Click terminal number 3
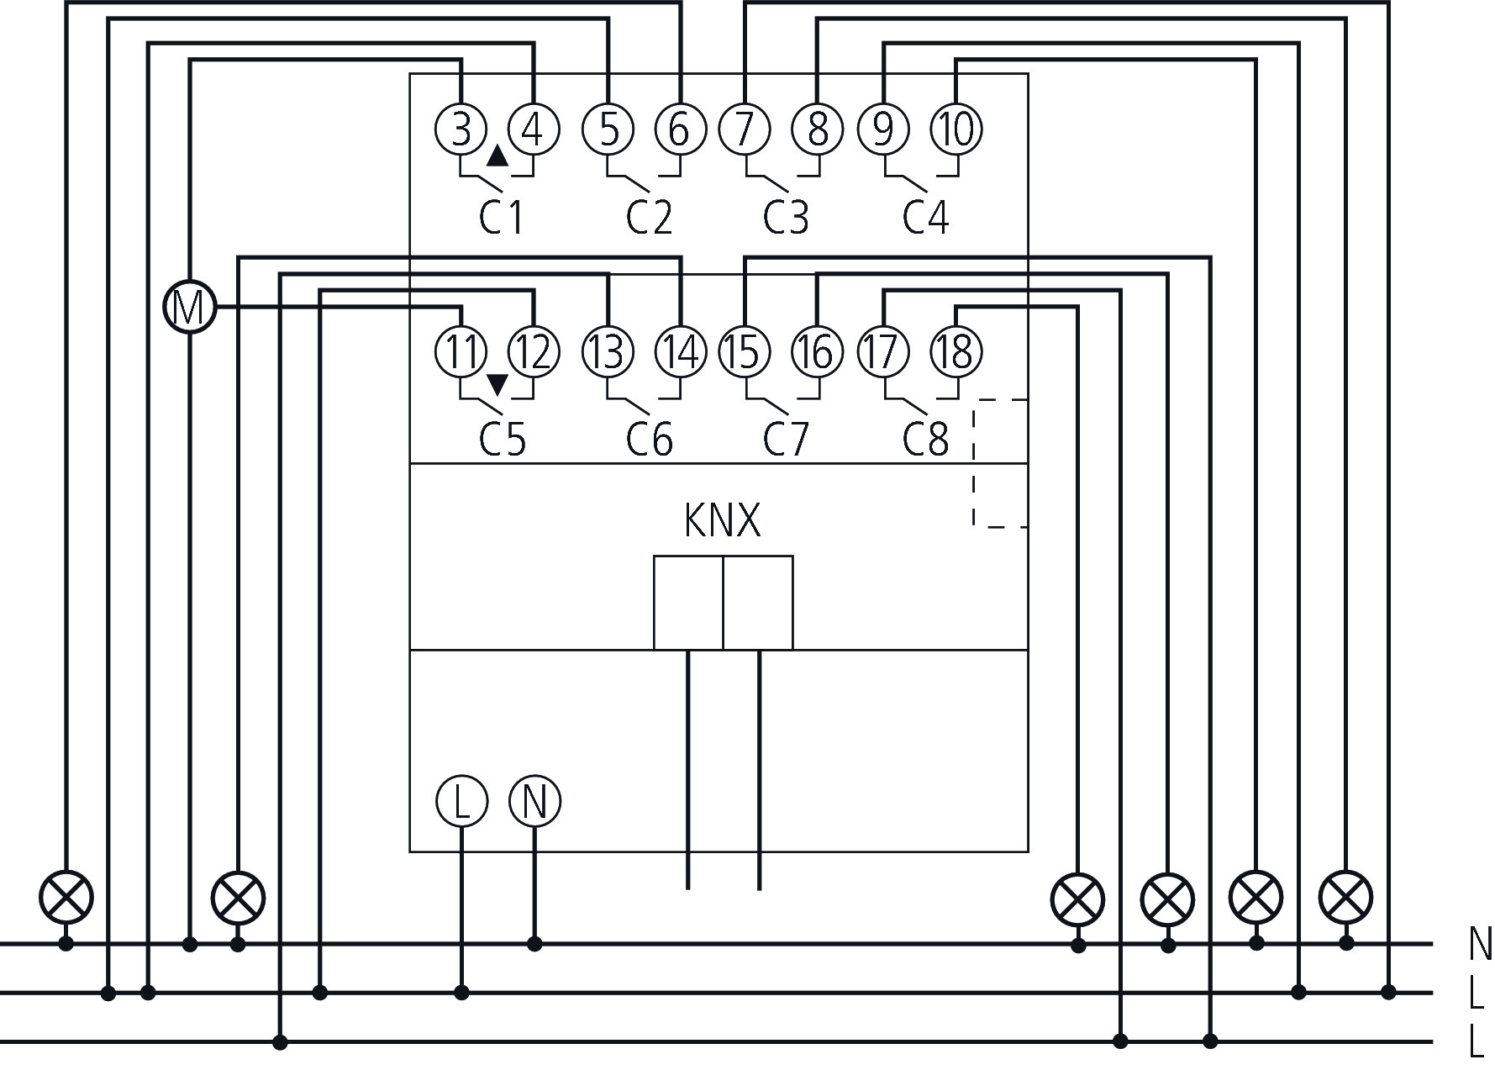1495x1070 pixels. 461,129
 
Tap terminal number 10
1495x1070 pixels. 956,129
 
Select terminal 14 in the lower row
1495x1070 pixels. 680,351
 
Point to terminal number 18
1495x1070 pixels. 956,351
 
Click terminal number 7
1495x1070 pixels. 745,129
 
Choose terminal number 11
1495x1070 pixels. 461,351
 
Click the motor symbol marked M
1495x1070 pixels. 189,308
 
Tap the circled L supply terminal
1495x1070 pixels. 461,800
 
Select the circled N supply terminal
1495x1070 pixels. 534,800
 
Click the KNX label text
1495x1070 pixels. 722,520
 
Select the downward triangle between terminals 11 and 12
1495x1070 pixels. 497,384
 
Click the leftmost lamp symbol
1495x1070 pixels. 66,896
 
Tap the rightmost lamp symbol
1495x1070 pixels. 1346,896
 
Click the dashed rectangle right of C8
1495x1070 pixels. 1000,463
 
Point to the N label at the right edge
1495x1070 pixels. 1480,944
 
